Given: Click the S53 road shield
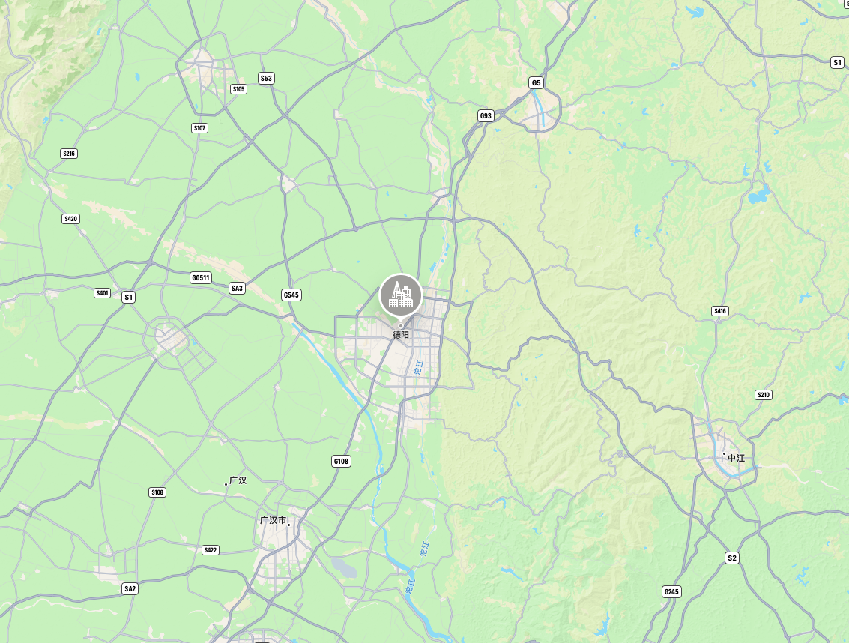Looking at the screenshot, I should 266,78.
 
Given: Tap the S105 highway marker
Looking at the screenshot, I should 238,89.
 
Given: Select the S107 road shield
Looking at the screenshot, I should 199,128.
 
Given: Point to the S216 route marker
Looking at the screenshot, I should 69,154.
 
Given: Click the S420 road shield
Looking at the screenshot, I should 70,219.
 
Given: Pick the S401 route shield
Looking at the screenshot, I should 103,293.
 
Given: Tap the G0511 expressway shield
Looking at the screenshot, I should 201,278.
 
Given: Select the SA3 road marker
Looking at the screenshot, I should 237,288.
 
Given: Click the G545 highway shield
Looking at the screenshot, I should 291,295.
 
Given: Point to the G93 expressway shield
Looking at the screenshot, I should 486,115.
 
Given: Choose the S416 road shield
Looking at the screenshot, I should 720,311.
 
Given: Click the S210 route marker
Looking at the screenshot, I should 764,395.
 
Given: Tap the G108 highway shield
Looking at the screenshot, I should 341,461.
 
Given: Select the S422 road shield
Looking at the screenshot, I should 211,550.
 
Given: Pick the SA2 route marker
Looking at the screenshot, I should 130,588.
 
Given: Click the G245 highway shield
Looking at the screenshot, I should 671,592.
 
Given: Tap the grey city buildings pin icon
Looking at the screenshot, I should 401,295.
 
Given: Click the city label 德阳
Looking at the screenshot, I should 401,335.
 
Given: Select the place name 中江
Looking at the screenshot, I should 737,457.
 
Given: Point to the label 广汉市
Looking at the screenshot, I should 273,520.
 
